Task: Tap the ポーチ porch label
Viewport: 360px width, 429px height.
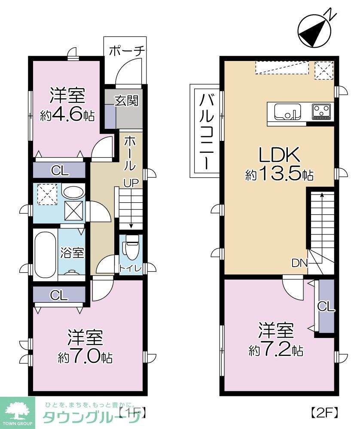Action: pos(127,51)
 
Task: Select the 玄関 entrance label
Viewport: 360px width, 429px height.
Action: pos(126,100)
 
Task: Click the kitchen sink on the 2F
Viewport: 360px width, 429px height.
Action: pos(288,112)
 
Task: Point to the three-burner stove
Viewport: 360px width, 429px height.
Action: pos(322,111)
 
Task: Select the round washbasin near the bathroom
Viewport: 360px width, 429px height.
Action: pos(72,192)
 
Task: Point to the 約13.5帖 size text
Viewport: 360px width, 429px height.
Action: pos(279,174)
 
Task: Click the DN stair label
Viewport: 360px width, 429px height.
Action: pos(299,263)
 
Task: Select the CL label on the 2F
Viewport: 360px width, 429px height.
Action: pos(326,307)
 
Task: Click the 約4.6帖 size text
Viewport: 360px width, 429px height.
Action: pos(67,116)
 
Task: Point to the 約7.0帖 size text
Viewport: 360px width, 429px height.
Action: pos(85,357)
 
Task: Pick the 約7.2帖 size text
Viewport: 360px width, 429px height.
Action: pos(276,350)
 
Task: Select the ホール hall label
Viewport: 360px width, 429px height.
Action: pos(130,154)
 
